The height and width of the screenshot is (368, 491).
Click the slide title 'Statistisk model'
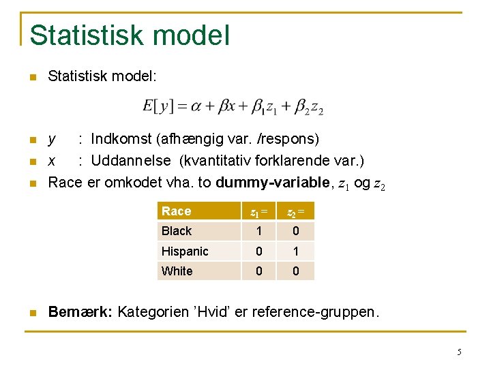(130, 35)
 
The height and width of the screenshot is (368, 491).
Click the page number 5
(459, 352)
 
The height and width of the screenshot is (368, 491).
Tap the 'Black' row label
(177, 231)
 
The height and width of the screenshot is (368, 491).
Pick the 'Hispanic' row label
(185, 251)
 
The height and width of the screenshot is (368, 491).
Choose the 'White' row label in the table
(177, 271)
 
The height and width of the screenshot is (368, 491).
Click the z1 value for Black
(259, 231)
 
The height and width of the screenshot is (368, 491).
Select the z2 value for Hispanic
(295, 251)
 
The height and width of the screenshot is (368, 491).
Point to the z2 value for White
(295, 271)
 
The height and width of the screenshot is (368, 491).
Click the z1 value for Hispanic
(259, 251)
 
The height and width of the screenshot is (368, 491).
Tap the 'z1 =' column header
(258, 212)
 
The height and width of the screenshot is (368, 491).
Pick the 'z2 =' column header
(295, 212)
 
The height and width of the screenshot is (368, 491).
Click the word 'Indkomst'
(121, 140)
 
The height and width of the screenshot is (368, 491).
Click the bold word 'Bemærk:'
(80, 312)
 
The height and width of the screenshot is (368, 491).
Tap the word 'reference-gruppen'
(314, 312)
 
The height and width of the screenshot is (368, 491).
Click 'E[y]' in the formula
(158, 106)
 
